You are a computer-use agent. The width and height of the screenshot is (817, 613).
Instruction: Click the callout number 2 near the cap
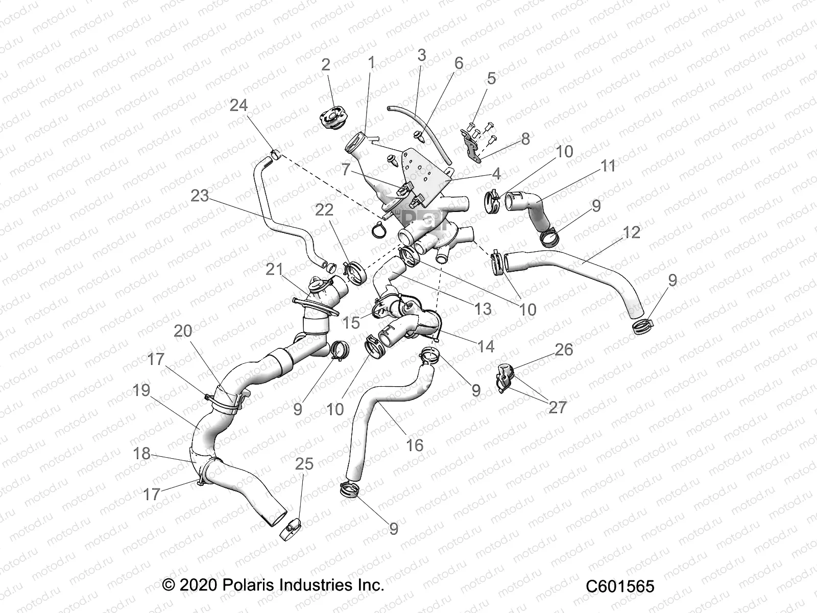click(x=326, y=65)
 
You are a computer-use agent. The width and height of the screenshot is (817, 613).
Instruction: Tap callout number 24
click(x=238, y=105)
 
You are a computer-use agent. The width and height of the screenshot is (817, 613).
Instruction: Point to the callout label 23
click(x=200, y=196)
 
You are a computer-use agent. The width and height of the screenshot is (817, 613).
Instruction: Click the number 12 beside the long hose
click(x=632, y=232)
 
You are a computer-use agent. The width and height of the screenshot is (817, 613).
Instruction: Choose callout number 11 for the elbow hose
click(x=608, y=166)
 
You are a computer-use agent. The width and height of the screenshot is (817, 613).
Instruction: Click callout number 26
click(x=564, y=350)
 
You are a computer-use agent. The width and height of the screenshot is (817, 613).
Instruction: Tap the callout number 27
click(x=558, y=407)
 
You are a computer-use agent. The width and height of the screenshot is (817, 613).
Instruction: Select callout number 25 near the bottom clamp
click(x=304, y=464)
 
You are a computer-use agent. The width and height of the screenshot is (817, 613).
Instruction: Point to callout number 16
click(x=415, y=445)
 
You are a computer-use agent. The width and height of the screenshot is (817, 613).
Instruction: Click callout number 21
click(x=274, y=269)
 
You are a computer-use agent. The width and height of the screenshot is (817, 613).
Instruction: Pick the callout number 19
click(x=141, y=390)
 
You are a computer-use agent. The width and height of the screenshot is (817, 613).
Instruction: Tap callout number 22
click(x=324, y=210)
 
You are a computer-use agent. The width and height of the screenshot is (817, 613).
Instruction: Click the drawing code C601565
click(x=619, y=586)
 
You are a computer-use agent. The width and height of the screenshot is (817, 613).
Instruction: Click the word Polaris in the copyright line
click(x=247, y=584)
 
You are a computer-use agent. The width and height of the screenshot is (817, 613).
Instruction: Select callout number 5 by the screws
click(x=491, y=79)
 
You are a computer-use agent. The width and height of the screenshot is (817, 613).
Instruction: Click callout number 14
click(x=485, y=347)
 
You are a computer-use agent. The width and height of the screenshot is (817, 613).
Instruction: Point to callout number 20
click(x=183, y=331)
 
